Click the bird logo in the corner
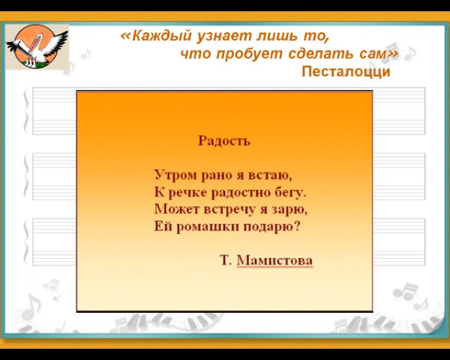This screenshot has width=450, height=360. click(x=37, y=46)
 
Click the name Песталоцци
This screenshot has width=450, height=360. click(x=346, y=71)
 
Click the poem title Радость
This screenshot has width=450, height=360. click(x=224, y=141)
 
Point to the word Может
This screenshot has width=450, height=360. click(x=176, y=209)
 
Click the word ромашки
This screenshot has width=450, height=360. click(x=207, y=226)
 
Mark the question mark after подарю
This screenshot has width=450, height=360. click(x=297, y=226)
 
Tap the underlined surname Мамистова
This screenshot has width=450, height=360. click(x=274, y=260)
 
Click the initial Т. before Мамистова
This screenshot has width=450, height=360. click(x=226, y=260)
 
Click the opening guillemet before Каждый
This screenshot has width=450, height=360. click(x=126, y=37)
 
